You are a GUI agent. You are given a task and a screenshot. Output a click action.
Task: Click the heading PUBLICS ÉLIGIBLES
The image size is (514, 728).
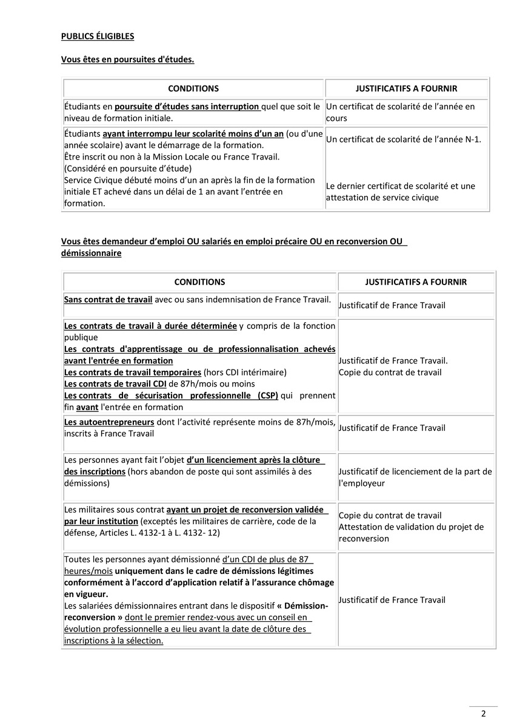(x=98, y=36)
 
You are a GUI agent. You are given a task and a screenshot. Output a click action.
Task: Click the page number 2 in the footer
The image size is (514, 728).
(x=484, y=713)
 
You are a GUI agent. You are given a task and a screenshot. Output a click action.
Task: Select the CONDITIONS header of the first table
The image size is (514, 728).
(x=193, y=89)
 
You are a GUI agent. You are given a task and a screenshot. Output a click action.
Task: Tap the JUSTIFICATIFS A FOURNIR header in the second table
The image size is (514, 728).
(x=416, y=282)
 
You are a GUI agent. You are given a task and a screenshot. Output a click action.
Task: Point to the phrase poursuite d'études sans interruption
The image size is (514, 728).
(x=187, y=107)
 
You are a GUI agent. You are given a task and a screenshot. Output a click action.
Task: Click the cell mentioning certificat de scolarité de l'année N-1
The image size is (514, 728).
(x=403, y=140)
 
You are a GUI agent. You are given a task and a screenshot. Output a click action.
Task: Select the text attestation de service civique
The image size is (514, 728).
(x=381, y=197)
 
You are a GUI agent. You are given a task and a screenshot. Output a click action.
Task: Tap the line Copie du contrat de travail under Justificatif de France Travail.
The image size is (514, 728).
(x=381, y=371)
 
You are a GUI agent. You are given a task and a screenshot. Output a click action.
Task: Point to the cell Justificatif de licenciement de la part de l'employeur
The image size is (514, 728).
(x=415, y=477)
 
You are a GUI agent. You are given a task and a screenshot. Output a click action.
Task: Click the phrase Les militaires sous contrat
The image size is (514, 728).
(x=114, y=510)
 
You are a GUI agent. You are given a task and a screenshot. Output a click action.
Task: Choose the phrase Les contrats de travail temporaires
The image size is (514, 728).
(x=132, y=372)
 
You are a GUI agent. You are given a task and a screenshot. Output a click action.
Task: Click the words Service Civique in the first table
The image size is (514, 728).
(x=92, y=180)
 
